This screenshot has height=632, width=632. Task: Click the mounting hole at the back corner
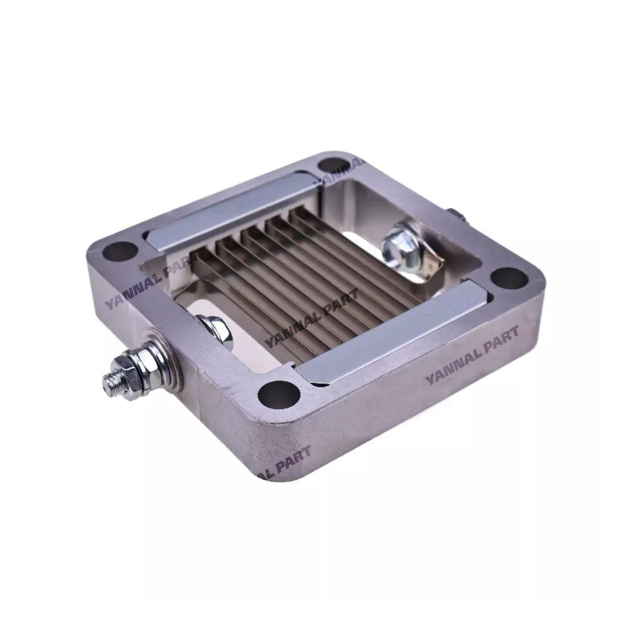[x=330, y=166]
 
